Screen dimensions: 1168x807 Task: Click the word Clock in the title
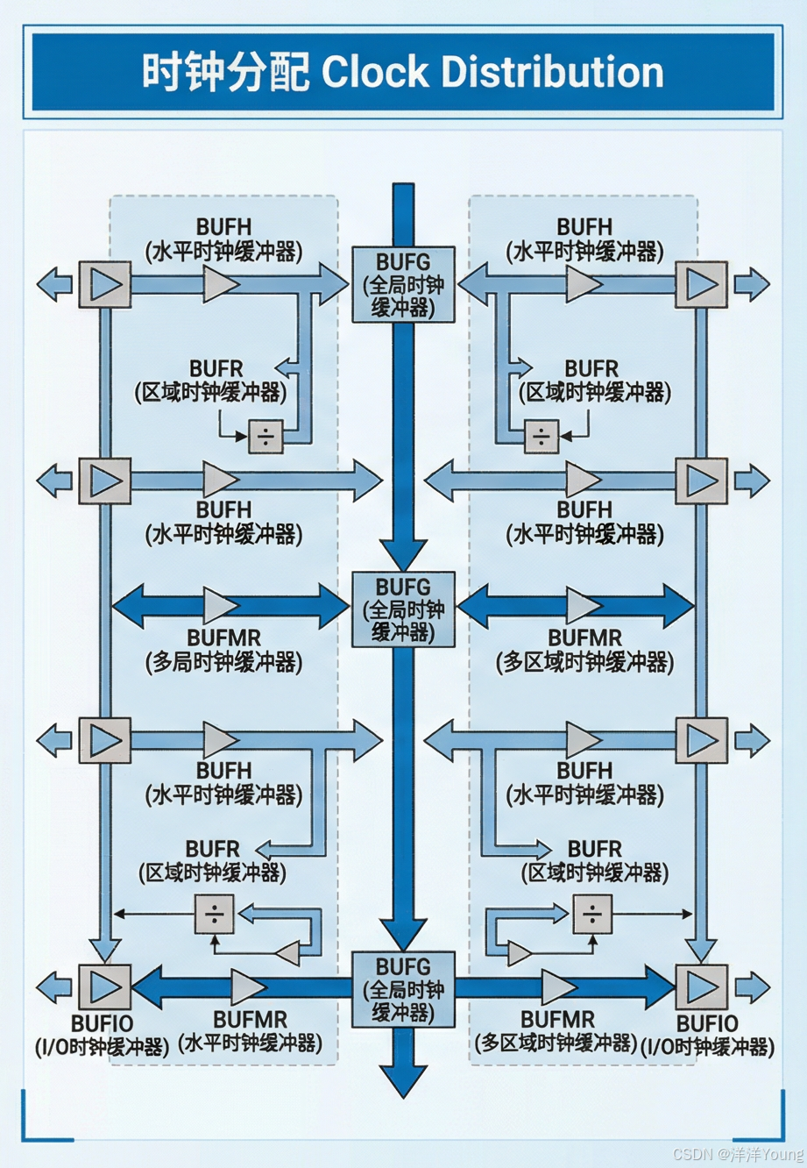[x=375, y=72]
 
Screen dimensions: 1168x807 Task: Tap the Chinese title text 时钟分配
[x=226, y=72]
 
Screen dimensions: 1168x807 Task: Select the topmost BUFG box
[x=403, y=284]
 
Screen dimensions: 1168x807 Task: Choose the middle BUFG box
[x=403, y=609]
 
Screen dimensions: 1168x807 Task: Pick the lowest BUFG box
[x=403, y=989]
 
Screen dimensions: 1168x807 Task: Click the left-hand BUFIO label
[x=102, y=1035]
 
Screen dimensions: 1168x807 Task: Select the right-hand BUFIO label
[x=707, y=1035]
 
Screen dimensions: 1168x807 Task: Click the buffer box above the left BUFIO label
[x=105, y=986]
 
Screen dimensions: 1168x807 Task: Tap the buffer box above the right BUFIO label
[x=702, y=986]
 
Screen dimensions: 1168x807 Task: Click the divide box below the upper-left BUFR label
[x=265, y=436]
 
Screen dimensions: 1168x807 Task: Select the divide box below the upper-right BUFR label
[x=542, y=436]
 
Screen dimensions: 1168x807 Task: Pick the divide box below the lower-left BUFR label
[x=215, y=915]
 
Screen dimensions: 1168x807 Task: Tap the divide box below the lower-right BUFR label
[x=592, y=915]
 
